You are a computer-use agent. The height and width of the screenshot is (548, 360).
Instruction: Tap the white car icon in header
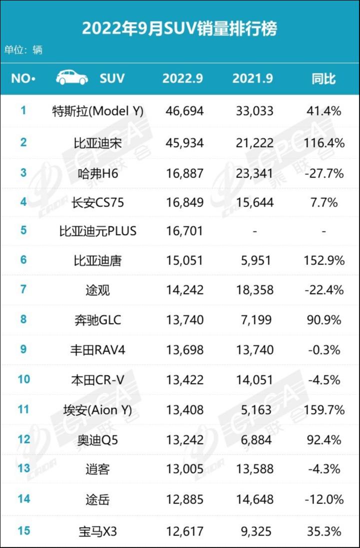[x=72, y=78]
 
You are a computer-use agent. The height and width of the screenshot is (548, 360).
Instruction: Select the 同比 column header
[x=323, y=78]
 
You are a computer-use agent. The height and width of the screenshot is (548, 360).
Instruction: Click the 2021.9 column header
[x=252, y=78]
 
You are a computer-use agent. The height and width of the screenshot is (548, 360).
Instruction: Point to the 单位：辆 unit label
[x=23, y=50]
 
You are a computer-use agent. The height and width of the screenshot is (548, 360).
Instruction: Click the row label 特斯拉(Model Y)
[x=97, y=111]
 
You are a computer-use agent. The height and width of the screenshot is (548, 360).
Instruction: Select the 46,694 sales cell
[x=184, y=111]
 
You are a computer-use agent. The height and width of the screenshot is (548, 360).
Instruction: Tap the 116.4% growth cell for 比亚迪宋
[x=323, y=142]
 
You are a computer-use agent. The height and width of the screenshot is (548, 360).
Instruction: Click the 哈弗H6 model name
[x=97, y=173]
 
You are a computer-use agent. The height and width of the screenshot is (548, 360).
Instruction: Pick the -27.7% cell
[x=323, y=173]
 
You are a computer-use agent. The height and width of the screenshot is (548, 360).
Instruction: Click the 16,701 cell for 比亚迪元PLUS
[x=184, y=231]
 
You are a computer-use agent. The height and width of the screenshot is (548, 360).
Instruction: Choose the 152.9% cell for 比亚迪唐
[x=323, y=260]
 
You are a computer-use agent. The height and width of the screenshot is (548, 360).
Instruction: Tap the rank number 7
[x=23, y=289]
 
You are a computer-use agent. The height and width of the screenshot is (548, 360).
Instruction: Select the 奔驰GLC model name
[x=97, y=320]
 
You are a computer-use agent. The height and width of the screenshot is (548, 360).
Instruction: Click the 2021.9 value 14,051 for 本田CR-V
[x=254, y=379]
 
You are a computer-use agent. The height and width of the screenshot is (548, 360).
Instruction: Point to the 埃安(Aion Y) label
[x=97, y=410]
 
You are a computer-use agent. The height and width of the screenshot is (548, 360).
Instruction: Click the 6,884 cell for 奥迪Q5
[x=254, y=440]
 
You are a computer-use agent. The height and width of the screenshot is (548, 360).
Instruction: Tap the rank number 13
[x=23, y=468]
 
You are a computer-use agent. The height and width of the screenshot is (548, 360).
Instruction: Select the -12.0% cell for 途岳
[x=323, y=499]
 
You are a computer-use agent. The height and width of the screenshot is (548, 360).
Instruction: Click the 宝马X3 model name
[x=97, y=530]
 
